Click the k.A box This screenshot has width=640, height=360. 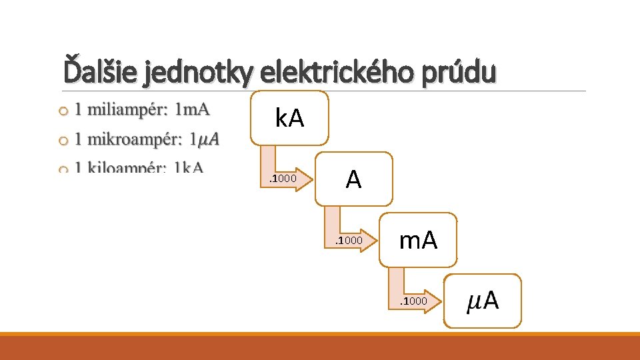(289, 119)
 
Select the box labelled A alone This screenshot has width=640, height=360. (354, 179)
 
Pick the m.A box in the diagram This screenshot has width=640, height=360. (419, 240)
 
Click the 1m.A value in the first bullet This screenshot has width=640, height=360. (193, 109)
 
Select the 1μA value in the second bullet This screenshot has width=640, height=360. (204, 140)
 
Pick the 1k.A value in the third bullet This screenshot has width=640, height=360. (188, 167)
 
